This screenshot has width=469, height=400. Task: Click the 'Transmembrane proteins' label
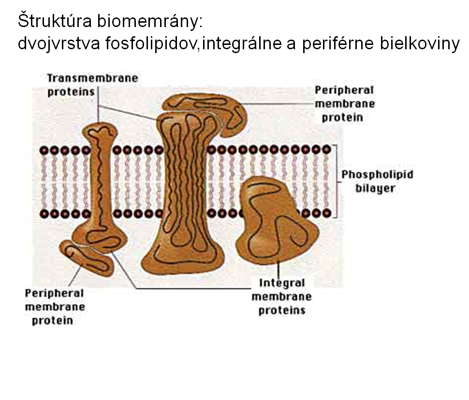[x=92, y=85]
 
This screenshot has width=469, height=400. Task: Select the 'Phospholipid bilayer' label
[x=377, y=181]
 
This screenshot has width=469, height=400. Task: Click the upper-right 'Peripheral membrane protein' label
[x=344, y=103]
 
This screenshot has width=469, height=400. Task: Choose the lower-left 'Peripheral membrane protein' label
[x=55, y=306]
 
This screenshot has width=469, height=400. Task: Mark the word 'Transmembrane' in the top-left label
[x=92, y=78]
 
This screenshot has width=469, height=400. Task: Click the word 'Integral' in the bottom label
[x=282, y=283]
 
